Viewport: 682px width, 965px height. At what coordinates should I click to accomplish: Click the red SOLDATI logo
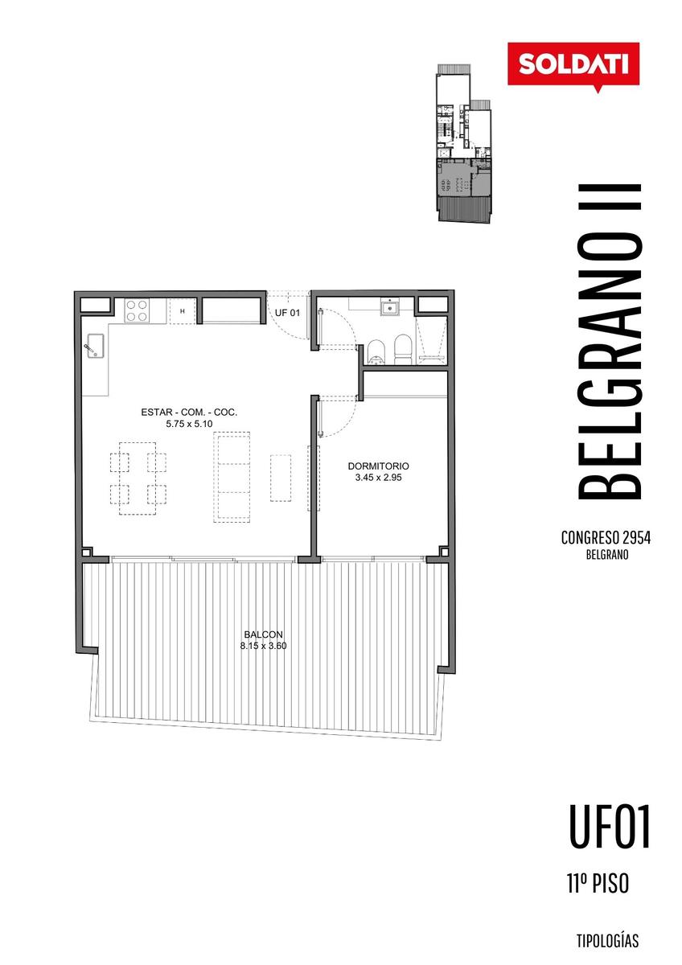pyautogui.click(x=573, y=64)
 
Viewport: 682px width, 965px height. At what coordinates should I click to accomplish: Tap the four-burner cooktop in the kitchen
pyautogui.click(x=136, y=310)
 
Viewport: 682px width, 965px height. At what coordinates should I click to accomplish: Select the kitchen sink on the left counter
pyautogui.click(x=94, y=345)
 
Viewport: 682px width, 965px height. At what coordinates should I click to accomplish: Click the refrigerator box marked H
pyautogui.click(x=183, y=310)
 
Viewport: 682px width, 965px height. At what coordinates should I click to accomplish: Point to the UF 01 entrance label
pyautogui.click(x=287, y=313)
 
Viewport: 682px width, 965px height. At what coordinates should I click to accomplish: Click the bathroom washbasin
pyautogui.click(x=390, y=307)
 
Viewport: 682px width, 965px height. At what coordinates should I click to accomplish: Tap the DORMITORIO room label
pyautogui.click(x=378, y=466)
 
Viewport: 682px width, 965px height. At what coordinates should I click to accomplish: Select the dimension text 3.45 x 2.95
pyautogui.click(x=378, y=478)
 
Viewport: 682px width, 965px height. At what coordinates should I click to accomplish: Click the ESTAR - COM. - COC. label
pyautogui.click(x=189, y=412)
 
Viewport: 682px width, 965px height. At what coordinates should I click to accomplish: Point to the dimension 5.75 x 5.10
pyautogui.click(x=189, y=424)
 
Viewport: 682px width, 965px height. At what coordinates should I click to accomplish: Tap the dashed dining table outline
pyautogui.click(x=138, y=478)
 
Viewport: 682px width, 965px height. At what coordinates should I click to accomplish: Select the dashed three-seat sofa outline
pyautogui.click(x=232, y=478)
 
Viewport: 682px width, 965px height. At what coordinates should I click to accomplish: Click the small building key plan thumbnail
pyautogui.click(x=463, y=143)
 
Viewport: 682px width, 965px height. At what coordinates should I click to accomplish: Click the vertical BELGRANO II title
pyautogui.click(x=609, y=342)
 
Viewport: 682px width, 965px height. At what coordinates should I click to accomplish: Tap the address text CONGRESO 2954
pyautogui.click(x=606, y=538)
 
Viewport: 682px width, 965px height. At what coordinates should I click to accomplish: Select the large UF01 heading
pyautogui.click(x=609, y=827)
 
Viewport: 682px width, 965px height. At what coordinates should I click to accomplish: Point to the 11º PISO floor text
pyautogui.click(x=598, y=883)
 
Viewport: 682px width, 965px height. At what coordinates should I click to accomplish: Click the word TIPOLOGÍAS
pyautogui.click(x=607, y=941)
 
